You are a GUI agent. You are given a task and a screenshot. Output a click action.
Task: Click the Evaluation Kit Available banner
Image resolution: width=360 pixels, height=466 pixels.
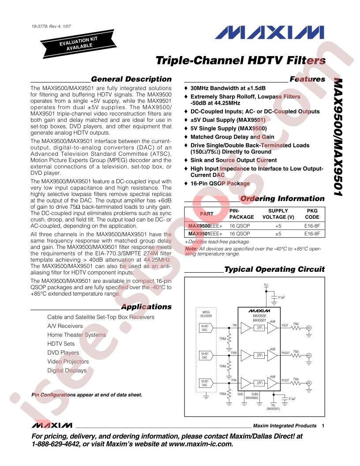[79, 43]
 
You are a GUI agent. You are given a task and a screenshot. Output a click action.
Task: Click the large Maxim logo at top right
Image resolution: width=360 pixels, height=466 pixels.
[270, 32]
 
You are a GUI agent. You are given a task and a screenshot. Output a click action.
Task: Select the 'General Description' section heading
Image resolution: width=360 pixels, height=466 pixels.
[131, 79]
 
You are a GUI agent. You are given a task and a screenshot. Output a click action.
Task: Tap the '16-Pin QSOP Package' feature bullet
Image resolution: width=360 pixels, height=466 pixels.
[220, 184]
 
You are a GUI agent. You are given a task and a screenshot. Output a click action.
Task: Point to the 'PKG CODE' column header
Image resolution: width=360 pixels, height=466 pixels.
[312, 214]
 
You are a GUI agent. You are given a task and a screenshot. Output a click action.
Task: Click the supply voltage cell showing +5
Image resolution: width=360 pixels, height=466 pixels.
[278, 226]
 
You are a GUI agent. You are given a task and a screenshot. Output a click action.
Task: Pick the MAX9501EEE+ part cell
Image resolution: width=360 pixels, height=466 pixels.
[205, 233]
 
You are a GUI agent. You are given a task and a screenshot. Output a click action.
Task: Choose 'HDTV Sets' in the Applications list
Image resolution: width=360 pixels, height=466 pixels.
[61, 344]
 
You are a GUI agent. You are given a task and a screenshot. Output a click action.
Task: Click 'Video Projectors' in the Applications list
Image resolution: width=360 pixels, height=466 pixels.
[68, 361]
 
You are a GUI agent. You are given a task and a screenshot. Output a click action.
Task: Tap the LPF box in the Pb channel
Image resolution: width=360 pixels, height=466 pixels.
[259, 355]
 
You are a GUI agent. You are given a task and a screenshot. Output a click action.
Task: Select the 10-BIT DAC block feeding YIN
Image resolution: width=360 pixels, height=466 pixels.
[205, 328]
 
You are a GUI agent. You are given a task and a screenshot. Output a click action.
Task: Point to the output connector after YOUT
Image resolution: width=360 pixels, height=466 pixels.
[309, 328]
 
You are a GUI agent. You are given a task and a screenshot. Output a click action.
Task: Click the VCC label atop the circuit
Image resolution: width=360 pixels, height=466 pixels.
[266, 285]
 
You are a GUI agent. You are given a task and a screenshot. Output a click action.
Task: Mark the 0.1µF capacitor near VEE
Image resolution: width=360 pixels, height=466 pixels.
[284, 400]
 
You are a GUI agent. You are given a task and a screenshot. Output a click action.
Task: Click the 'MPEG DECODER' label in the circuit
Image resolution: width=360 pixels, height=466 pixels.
[206, 314]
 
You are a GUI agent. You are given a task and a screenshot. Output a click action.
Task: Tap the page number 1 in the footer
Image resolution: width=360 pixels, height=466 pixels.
[323, 425]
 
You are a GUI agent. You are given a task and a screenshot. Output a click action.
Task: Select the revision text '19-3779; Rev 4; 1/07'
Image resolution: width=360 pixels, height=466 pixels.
[51, 26]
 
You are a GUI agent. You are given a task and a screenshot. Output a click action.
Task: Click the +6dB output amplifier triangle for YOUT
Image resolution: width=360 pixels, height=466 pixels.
[272, 328]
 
